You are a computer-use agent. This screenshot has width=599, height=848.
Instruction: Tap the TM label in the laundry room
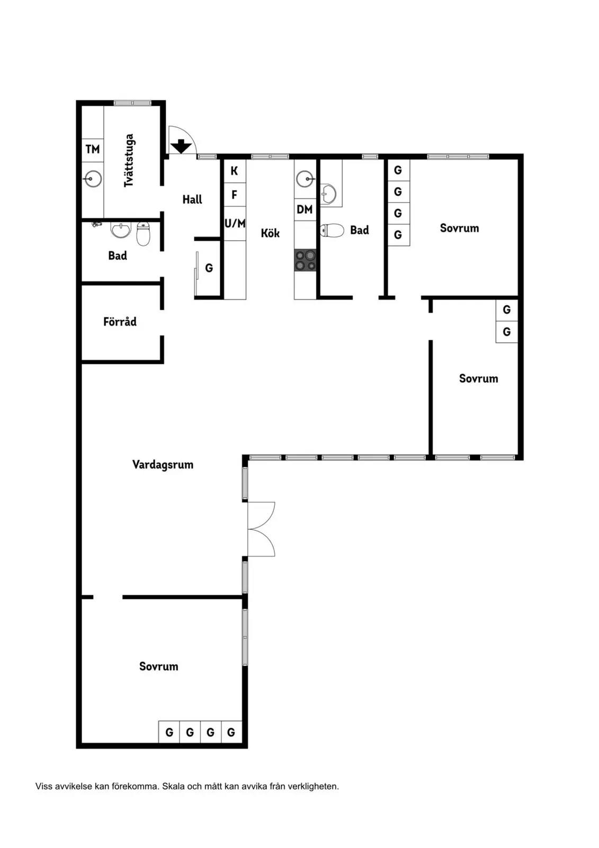coord(93,149)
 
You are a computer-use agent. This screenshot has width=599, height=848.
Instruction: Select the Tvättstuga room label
coord(129,160)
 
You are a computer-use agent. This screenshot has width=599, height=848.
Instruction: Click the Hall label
coord(192,199)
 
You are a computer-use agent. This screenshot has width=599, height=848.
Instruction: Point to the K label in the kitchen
coord(234,171)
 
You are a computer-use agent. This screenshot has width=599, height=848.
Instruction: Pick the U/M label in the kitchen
coord(235,223)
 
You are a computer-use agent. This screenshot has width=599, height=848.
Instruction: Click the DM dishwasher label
coord(305,209)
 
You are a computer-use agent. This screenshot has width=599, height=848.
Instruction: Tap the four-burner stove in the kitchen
coord(305,260)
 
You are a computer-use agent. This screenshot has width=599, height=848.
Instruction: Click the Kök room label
coord(270,233)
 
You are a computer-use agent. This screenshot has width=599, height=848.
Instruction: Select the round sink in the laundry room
coord(93,179)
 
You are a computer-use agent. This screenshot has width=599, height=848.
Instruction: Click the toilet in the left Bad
coord(144,234)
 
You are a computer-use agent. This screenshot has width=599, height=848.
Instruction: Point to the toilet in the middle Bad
coord(332,230)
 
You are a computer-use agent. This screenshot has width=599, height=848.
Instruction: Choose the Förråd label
coord(120,321)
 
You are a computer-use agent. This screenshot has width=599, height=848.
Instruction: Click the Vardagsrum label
coord(163,464)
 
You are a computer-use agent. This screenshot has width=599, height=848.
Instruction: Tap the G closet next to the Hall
coord(209,268)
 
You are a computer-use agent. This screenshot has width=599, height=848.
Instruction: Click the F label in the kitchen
coord(234,195)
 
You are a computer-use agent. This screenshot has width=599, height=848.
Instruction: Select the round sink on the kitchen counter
coord(305,179)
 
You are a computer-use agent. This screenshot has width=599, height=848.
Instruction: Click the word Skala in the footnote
coord(173,787)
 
